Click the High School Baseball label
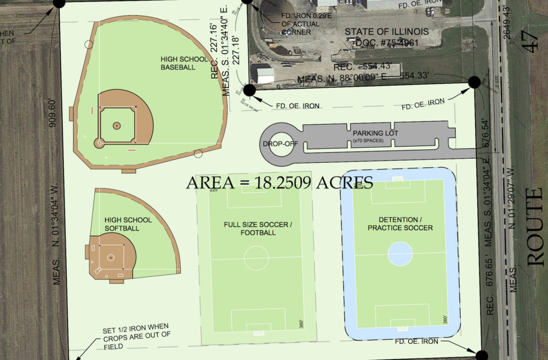(178, 62)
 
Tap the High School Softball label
(128, 224)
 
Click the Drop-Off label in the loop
(280, 144)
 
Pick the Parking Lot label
(376, 133)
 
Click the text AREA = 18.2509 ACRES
(280, 183)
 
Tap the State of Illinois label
(387, 32)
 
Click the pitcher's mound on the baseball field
(116, 125)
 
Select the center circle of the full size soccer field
(256, 258)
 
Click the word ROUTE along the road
(535, 227)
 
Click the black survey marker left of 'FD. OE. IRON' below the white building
(250, 90)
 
